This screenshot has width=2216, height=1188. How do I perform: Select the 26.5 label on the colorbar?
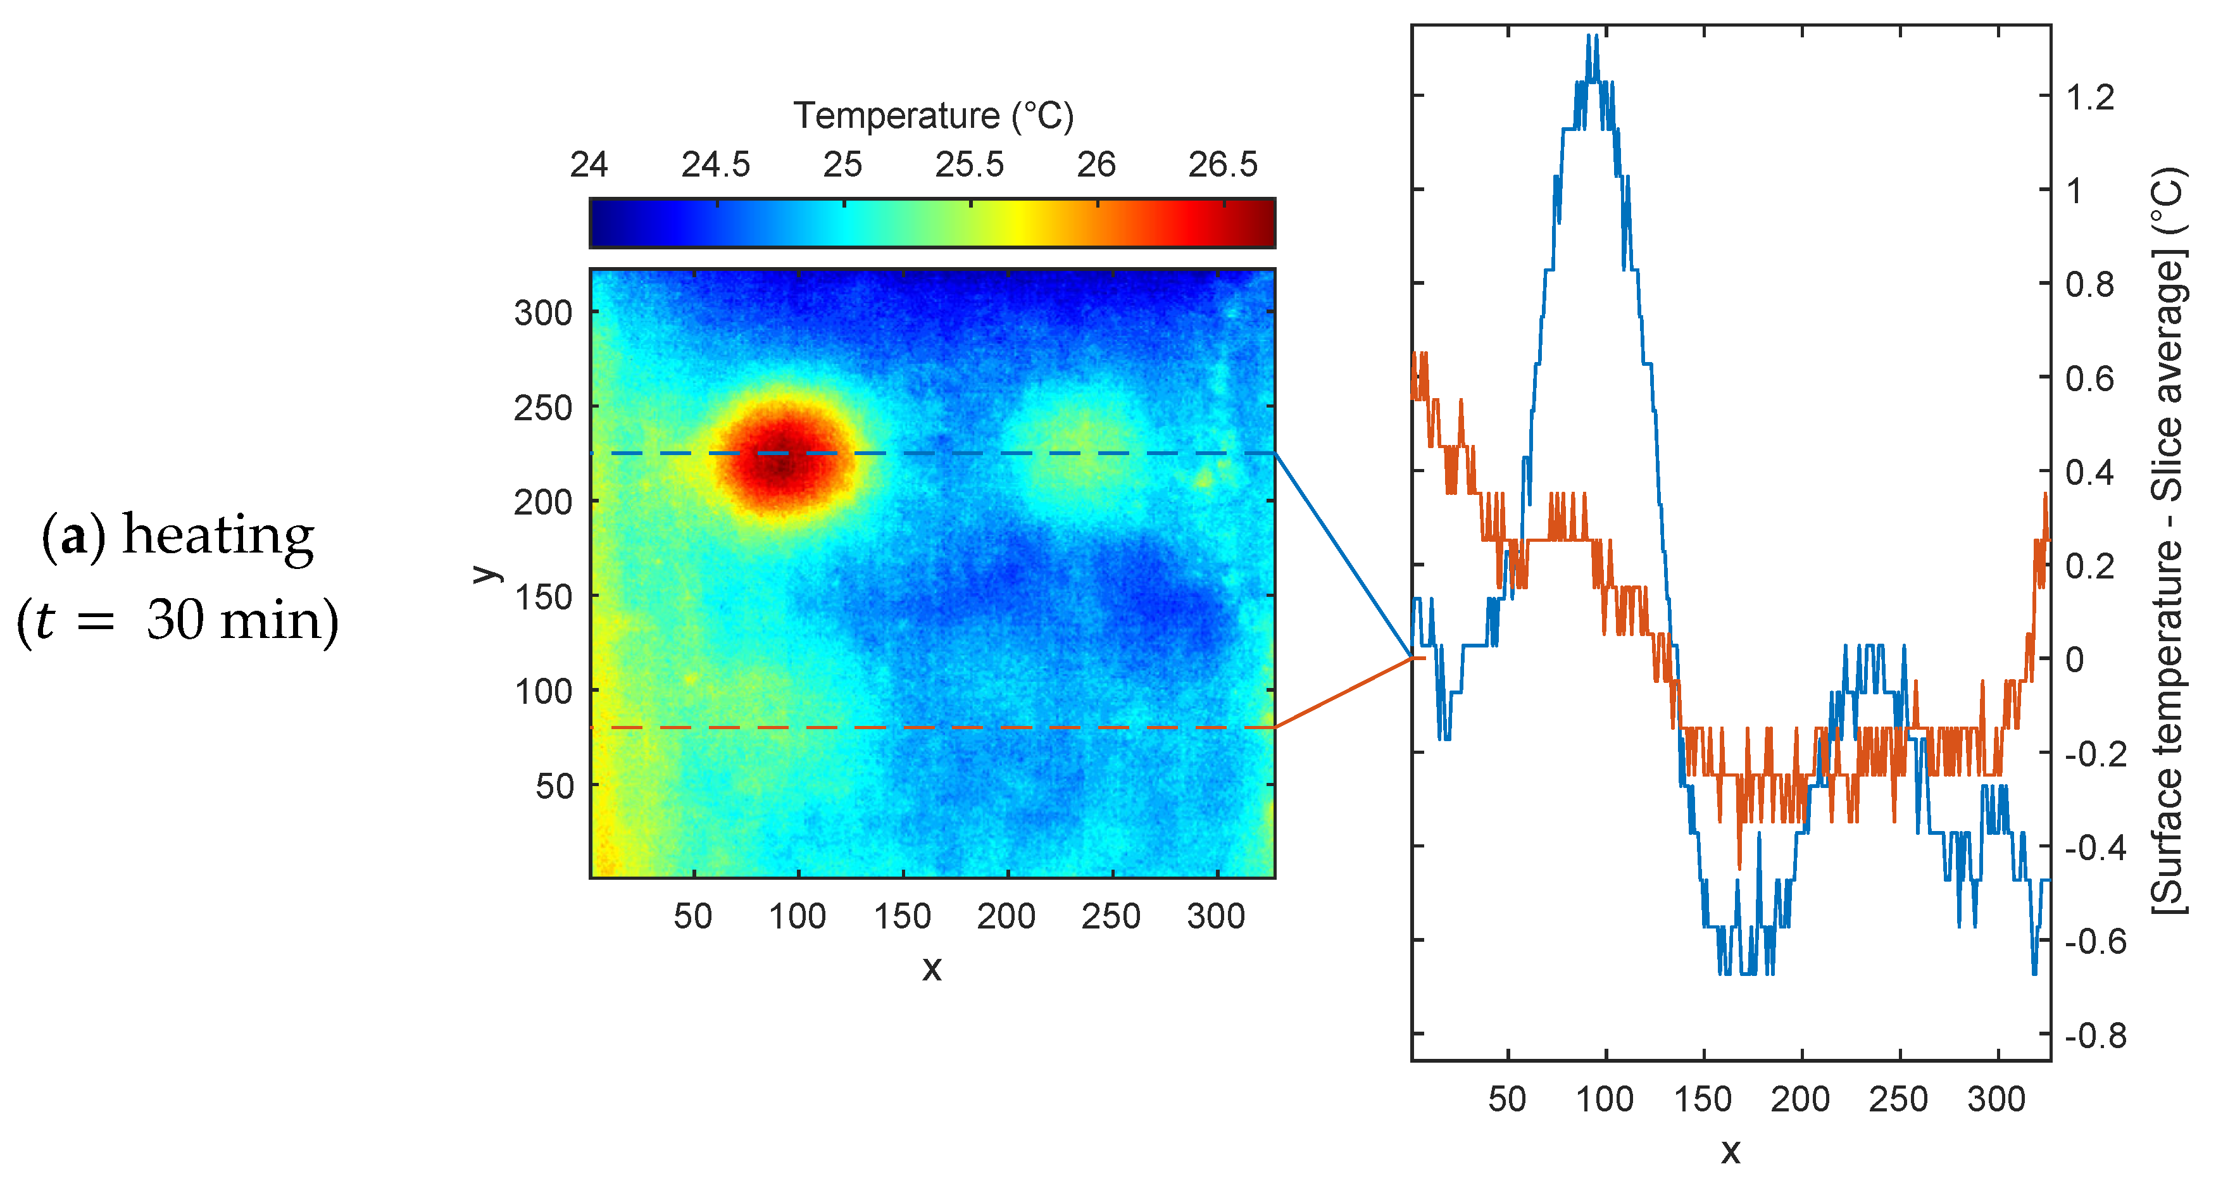tap(1222, 165)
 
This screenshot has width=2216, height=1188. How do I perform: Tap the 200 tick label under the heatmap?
tap(1006, 916)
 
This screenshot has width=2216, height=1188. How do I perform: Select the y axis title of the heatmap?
tap(486, 574)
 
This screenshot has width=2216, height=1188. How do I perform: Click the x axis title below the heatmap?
tap(932, 968)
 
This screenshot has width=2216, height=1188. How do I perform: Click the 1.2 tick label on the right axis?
tap(2089, 97)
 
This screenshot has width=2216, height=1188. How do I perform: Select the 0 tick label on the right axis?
tap(2074, 660)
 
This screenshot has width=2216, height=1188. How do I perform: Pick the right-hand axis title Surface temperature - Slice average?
tap(2168, 542)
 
